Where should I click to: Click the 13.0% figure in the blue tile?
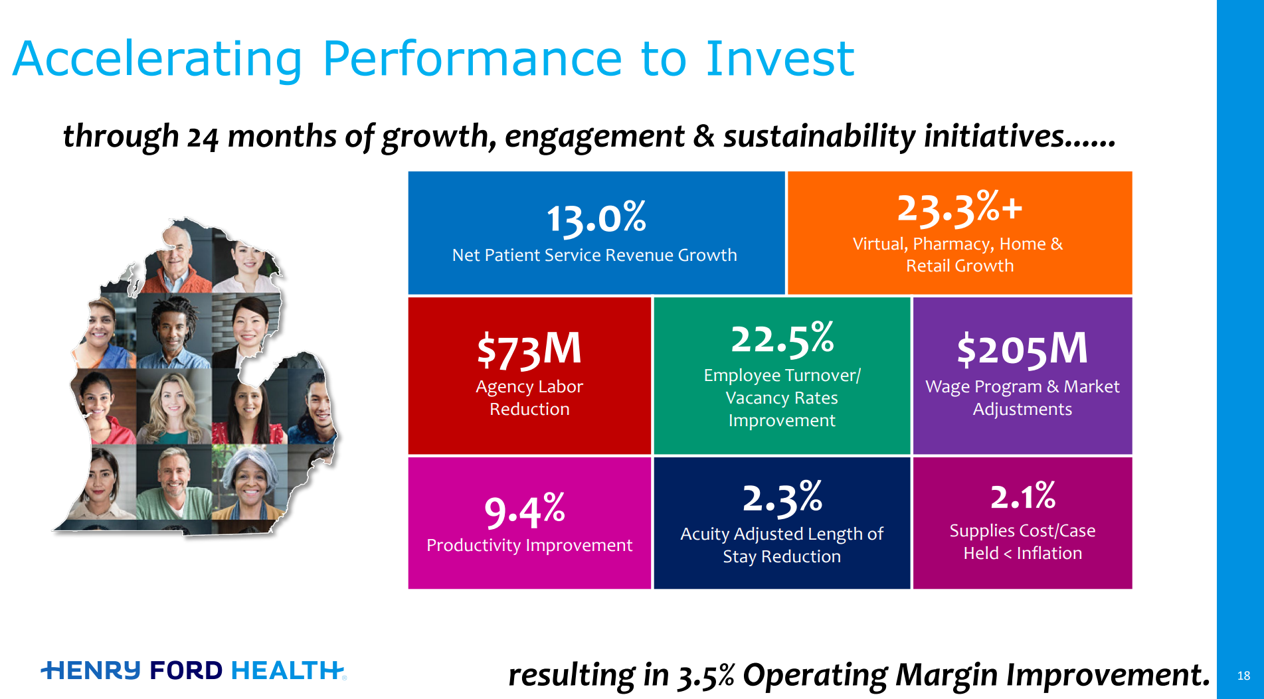[x=596, y=218]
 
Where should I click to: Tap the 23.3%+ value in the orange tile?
[x=959, y=208]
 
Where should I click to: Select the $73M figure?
[x=529, y=349]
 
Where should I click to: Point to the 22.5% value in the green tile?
[x=782, y=338]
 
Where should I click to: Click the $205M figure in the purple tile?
[x=1022, y=349]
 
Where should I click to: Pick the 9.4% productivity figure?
[x=525, y=510]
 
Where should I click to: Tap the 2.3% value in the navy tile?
[x=782, y=498]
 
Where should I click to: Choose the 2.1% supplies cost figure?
[x=1022, y=497]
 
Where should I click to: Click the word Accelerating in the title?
[x=157, y=60]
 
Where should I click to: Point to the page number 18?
[x=1243, y=676]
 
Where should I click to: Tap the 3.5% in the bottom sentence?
[x=705, y=675]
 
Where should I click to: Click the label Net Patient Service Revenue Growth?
[x=594, y=256]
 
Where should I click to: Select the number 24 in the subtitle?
[x=202, y=137]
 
